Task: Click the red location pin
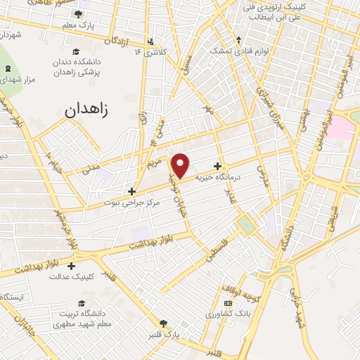(x=181, y=165)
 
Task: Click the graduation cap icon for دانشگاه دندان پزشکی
(x=75, y=51)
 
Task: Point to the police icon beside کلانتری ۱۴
(x=150, y=40)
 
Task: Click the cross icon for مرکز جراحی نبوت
(x=131, y=191)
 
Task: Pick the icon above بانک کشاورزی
(x=226, y=303)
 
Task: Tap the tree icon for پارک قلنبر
(x=163, y=323)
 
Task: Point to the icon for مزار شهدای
(x=8, y=68)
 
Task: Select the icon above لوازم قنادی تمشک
(x=238, y=39)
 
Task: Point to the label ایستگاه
(x=13, y=297)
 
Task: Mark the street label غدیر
(x=229, y=195)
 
